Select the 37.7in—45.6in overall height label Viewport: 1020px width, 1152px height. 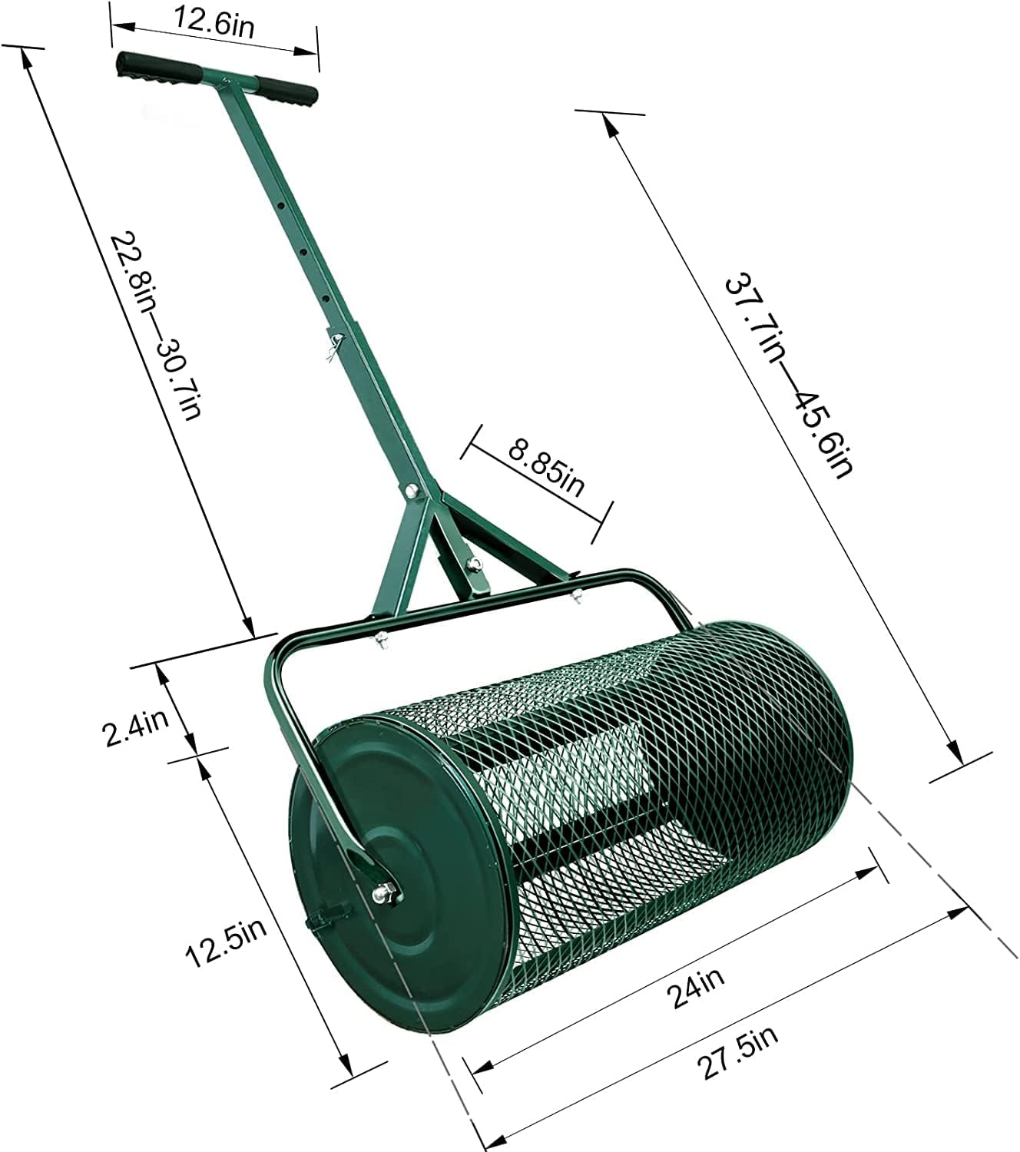coord(787,376)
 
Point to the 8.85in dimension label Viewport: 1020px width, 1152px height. coord(546,468)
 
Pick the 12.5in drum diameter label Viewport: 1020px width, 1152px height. coord(226,945)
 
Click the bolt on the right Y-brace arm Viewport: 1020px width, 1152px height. coord(474,564)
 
